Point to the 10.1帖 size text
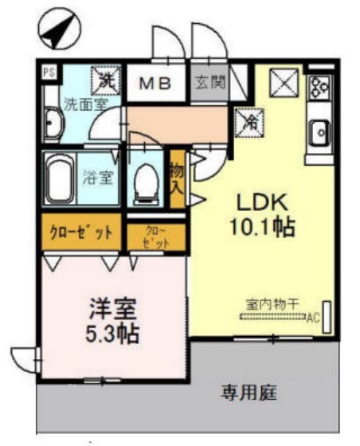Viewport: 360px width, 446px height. [x=264, y=228]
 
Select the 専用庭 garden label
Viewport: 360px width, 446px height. [x=249, y=392]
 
